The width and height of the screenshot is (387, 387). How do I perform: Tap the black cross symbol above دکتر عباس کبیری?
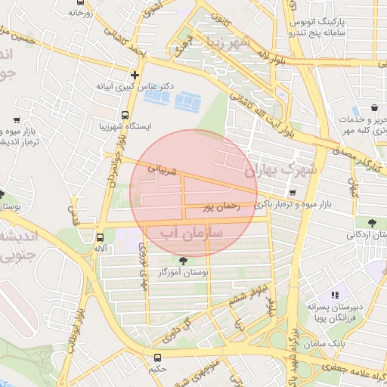click(x=135, y=75)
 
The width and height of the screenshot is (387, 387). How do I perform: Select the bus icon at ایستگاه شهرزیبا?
click(x=124, y=114)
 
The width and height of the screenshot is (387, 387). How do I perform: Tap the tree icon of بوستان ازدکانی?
click(x=371, y=222)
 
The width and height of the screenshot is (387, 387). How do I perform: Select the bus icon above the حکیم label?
click(x=157, y=358)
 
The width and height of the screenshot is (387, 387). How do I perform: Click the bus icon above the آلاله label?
click(x=100, y=236)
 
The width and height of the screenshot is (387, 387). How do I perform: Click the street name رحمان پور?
click(x=221, y=205)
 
